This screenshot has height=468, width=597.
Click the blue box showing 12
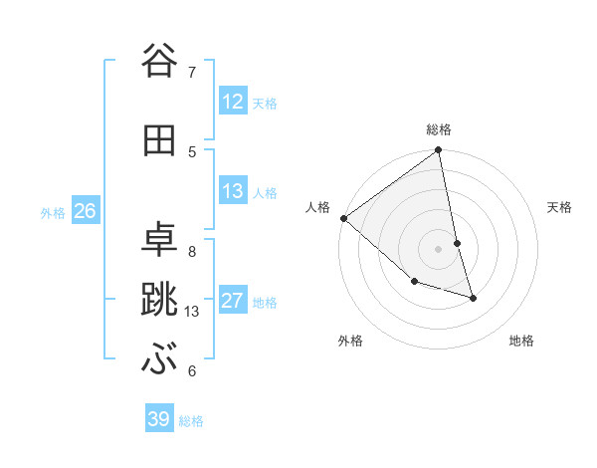[x=232, y=103]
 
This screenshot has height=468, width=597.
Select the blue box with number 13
[x=232, y=192]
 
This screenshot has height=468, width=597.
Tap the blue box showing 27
[x=232, y=302]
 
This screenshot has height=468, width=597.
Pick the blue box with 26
[x=85, y=211]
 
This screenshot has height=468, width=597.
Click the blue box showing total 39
[x=159, y=419]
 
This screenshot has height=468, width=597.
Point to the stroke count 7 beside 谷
[x=192, y=72]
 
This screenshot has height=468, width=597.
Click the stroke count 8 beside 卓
[x=192, y=252]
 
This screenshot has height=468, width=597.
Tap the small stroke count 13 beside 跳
[x=193, y=312]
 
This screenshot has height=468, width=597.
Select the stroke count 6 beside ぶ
[x=192, y=371]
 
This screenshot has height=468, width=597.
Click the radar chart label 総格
[x=439, y=129]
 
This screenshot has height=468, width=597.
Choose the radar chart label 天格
[x=559, y=207]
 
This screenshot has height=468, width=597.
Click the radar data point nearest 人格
[x=342, y=218]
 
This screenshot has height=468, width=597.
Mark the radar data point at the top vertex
[x=439, y=150]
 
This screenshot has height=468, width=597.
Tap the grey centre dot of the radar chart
[x=439, y=248]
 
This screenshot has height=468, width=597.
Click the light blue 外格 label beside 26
[x=53, y=212]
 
